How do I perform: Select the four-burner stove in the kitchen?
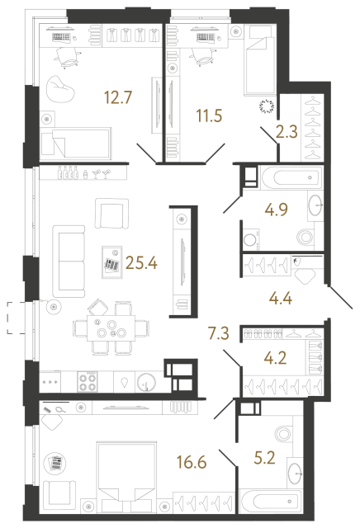click(x=88, y=381)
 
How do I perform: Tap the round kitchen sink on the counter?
click(x=146, y=383)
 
